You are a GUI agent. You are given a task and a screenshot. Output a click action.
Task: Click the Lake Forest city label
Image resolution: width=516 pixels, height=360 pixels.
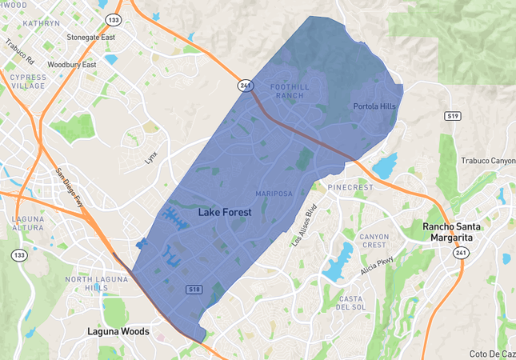pyautogui.click(x=224, y=213)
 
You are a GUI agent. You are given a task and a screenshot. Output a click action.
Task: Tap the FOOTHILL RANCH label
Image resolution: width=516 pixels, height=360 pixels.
pyautogui.click(x=289, y=90)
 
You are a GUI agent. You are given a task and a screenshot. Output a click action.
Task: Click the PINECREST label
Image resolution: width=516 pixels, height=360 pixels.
pyautogui.click(x=351, y=188)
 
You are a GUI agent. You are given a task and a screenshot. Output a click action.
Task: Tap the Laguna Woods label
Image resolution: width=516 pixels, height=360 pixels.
pyautogui.click(x=118, y=331)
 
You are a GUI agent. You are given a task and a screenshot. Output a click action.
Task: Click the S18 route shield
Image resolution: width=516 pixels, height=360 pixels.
pyautogui.click(x=194, y=289)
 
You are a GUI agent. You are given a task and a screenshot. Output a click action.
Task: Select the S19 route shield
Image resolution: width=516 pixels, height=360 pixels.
pyautogui.click(x=454, y=117)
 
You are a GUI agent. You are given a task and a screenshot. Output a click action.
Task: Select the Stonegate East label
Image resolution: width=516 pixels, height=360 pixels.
pyautogui.click(x=91, y=38)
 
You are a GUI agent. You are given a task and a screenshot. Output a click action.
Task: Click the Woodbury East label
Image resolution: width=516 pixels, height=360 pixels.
pyautogui.click(x=72, y=65)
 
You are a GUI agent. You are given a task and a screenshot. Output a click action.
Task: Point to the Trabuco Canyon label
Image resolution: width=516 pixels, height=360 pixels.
pyautogui.click(x=488, y=161)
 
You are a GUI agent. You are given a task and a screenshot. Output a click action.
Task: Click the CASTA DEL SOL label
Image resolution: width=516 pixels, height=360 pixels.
pyautogui.click(x=351, y=302)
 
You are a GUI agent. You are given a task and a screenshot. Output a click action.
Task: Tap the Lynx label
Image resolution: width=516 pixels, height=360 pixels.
pyautogui.click(x=151, y=158)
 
